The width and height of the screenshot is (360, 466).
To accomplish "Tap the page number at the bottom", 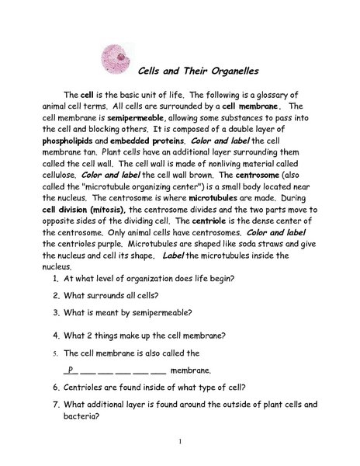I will pos(179,442).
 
